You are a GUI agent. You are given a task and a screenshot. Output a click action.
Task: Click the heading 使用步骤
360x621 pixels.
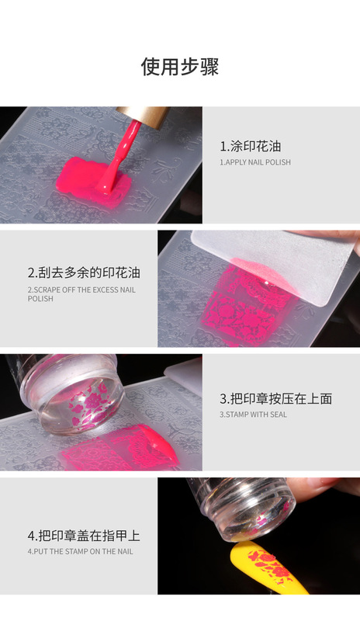[x=180, y=67]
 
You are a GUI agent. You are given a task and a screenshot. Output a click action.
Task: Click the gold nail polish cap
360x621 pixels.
[x=144, y=116]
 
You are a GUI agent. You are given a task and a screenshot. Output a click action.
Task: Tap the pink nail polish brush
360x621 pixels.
[x=118, y=158]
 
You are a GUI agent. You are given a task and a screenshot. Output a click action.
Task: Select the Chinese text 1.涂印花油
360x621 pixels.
[x=251, y=146]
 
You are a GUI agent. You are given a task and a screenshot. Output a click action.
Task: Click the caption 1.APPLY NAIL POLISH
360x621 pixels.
[x=255, y=162]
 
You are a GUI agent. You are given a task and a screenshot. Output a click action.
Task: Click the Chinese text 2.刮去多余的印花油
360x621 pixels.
[x=84, y=272]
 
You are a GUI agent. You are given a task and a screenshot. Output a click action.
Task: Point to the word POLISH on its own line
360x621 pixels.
[x=40, y=298]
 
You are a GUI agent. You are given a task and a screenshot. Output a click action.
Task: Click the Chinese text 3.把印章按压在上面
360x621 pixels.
[x=275, y=398]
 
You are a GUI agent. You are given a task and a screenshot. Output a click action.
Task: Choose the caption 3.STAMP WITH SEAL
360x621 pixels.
[x=253, y=415]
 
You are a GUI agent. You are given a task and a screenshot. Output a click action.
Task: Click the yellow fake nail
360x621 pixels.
[x=269, y=567]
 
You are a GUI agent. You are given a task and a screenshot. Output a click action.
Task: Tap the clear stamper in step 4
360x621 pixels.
[x=241, y=507]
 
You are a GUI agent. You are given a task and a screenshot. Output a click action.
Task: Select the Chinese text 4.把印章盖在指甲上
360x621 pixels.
[x=84, y=536]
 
